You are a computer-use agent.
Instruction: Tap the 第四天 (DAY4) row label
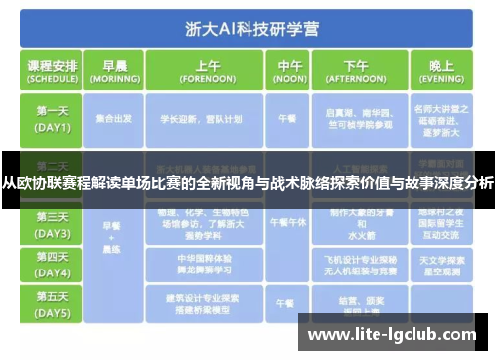(x=54, y=264)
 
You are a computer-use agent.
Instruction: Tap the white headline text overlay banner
(x=248, y=181)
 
